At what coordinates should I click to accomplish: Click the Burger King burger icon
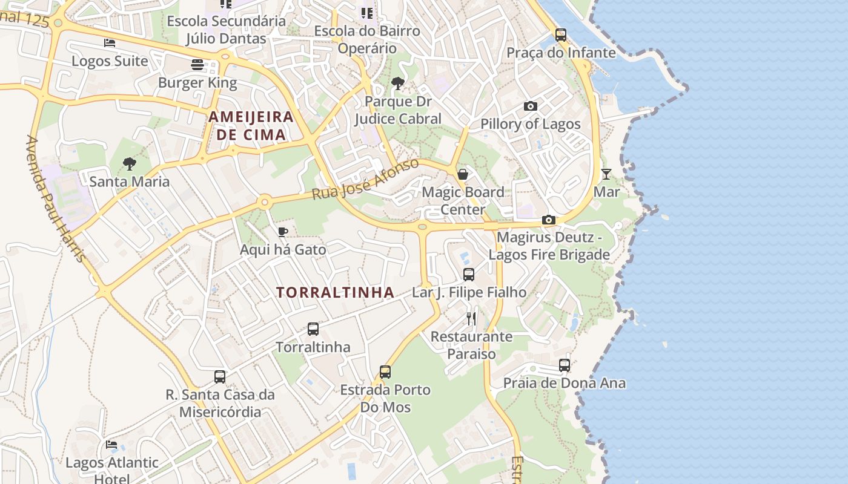[197, 64]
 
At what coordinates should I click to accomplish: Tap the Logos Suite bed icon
[110, 43]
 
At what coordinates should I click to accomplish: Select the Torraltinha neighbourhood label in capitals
[335, 293]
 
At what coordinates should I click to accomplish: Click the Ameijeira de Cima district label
[251, 126]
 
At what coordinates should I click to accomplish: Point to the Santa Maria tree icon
[129, 163]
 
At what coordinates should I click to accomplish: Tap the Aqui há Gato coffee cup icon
[282, 231]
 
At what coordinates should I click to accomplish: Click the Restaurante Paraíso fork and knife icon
[471, 318]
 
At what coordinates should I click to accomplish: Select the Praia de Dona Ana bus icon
[565, 365]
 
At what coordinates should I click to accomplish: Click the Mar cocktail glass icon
[606, 174]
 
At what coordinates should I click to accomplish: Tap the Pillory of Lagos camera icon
[531, 106]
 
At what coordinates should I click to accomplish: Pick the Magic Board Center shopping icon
[463, 174]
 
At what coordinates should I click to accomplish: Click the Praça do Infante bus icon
[561, 34]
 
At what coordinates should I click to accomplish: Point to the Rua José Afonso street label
[365, 180]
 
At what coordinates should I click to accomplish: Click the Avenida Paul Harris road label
[55, 199]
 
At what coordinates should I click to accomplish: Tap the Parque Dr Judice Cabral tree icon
[397, 83]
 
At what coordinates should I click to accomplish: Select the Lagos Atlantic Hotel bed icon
[111, 445]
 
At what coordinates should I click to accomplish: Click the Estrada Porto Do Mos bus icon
[385, 371]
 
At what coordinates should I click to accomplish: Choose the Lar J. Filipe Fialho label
[469, 293]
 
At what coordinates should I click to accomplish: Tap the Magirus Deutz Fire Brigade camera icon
[549, 220]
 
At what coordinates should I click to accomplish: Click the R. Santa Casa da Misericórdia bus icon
[220, 376]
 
